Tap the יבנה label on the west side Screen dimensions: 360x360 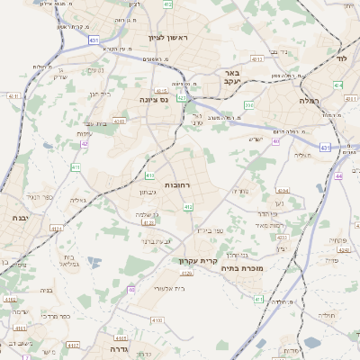(20, 217)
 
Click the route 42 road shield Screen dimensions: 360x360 (84, 142)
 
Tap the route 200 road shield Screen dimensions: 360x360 (250, 105)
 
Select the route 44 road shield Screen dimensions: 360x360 (339, 176)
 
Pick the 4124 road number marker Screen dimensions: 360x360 (57, 229)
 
